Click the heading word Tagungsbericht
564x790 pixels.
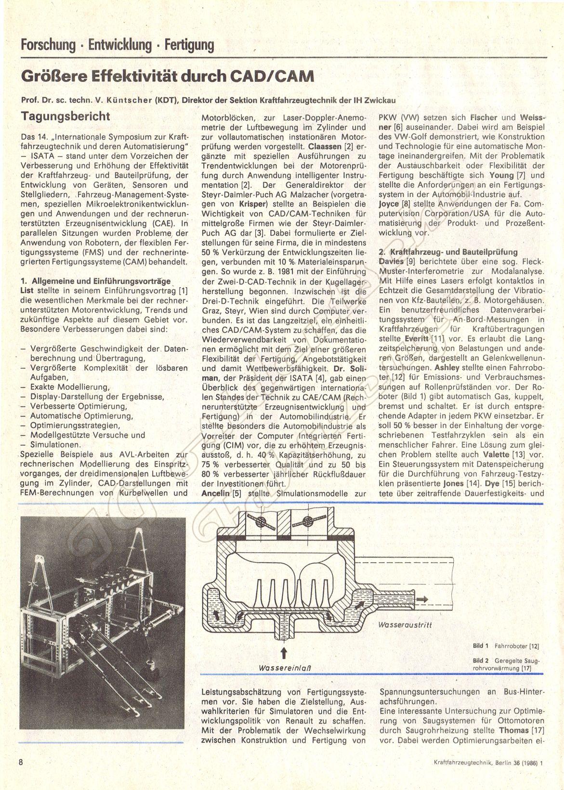66,116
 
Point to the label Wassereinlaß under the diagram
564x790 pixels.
285,669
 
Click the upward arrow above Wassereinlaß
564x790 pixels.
284,653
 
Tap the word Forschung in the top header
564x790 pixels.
48,46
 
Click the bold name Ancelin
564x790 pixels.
215,493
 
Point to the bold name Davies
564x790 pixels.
392,262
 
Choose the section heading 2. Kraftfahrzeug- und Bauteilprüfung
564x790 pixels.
448,252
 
